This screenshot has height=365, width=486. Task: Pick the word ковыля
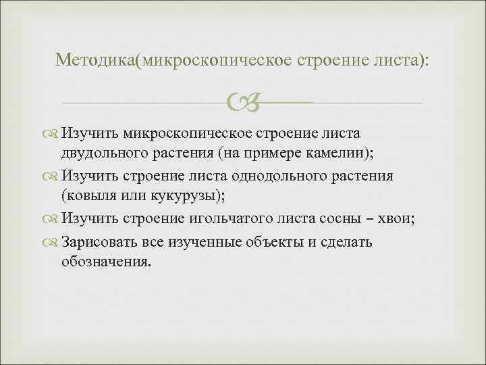point(88,195)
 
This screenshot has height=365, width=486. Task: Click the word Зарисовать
point(99,241)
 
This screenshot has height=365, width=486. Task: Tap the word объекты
point(277,241)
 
